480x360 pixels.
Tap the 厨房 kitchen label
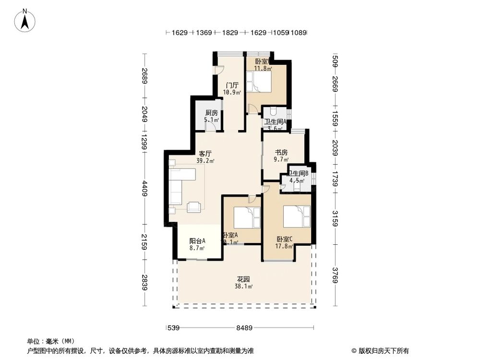(x=211, y=113)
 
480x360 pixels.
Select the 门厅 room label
(x=232, y=85)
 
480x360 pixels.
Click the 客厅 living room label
(x=205, y=154)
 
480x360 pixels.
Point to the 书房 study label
(x=281, y=152)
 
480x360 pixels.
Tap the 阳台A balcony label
(x=197, y=241)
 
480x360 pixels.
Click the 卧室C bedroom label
(x=285, y=239)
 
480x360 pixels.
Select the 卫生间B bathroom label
(x=298, y=173)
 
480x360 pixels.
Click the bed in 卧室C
(x=297, y=216)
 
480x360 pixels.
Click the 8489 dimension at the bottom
(x=244, y=328)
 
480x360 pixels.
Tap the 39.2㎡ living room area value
(x=205, y=161)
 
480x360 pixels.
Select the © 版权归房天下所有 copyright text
(x=381, y=350)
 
